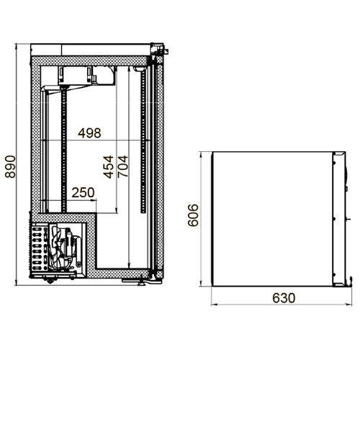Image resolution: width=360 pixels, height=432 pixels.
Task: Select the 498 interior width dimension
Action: point(90,132)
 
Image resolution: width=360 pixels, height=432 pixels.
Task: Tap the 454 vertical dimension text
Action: point(109,166)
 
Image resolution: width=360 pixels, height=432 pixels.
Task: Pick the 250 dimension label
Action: point(83,193)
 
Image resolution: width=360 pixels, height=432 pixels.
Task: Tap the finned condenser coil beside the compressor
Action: point(39,248)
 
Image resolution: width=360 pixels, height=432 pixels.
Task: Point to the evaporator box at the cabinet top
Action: point(86,75)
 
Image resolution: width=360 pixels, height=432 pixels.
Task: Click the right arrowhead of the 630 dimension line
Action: point(351,305)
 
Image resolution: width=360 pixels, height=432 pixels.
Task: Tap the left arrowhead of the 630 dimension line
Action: point(212,305)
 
